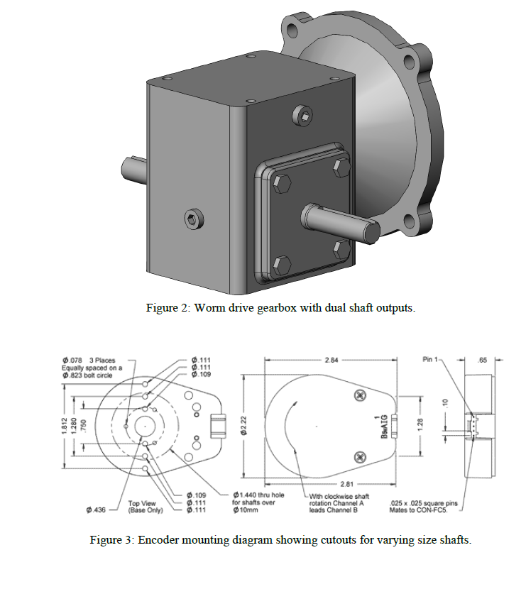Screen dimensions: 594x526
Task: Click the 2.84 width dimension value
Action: click(331, 361)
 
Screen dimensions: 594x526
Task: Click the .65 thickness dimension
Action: click(482, 361)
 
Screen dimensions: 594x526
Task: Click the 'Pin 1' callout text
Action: click(431, 360)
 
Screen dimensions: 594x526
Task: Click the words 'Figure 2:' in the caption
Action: click(168, 309)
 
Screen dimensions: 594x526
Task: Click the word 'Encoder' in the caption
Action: click(158, 540)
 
